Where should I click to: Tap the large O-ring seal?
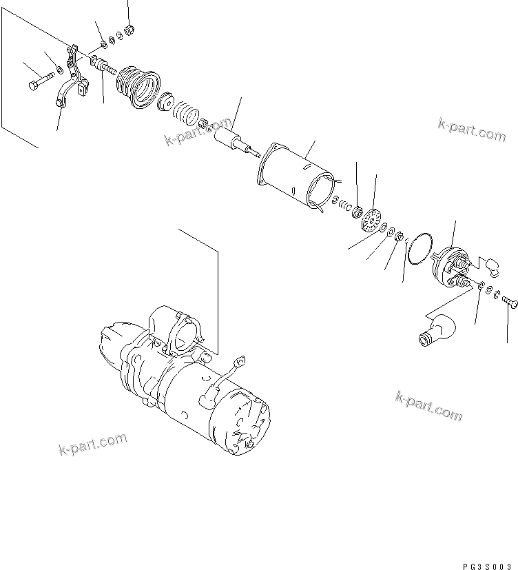tap(418, 248)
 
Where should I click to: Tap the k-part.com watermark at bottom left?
tap(94, 445)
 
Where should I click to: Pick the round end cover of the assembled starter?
tap(242, 420)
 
